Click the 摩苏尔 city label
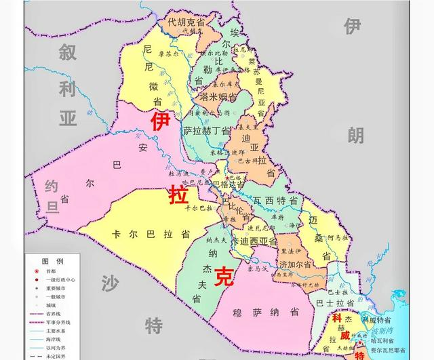coord(167,53)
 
